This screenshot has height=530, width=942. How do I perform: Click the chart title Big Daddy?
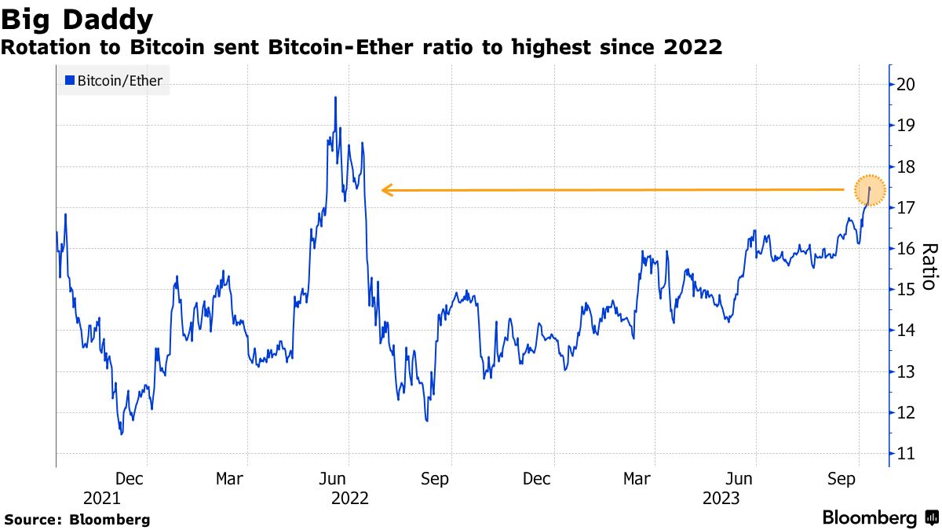(77, 19)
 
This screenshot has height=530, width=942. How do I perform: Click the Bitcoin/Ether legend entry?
(113, 80)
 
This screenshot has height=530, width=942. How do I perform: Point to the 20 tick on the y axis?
(907, 85)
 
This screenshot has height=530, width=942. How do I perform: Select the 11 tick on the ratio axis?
(907, 454)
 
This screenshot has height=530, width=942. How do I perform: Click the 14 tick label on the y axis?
(907, 331)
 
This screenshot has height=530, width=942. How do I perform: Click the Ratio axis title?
(929, 266)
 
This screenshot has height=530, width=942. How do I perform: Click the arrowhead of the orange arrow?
(385, 189)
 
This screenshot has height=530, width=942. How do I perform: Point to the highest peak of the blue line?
(335, 97)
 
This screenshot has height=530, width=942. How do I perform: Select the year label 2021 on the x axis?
(102, 498)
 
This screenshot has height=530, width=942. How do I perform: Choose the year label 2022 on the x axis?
(350, 498)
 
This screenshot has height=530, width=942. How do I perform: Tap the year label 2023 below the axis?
(720, 498)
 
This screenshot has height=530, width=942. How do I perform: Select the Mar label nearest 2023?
(637, 478)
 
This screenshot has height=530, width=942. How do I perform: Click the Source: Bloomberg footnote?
(77, 519)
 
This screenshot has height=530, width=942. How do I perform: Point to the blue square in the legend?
(70, 80)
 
